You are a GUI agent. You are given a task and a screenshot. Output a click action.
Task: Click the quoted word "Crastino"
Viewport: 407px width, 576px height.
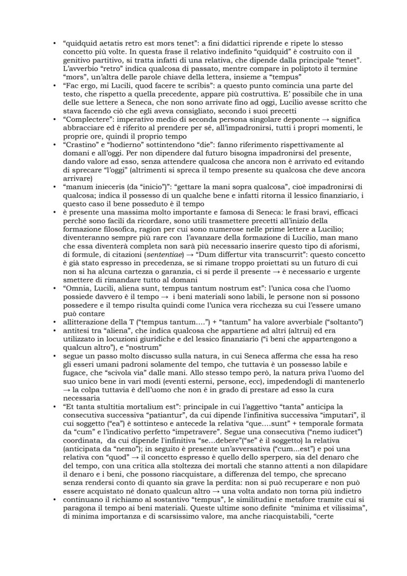79,146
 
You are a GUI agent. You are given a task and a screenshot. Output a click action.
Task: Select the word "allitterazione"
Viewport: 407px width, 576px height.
87,322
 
